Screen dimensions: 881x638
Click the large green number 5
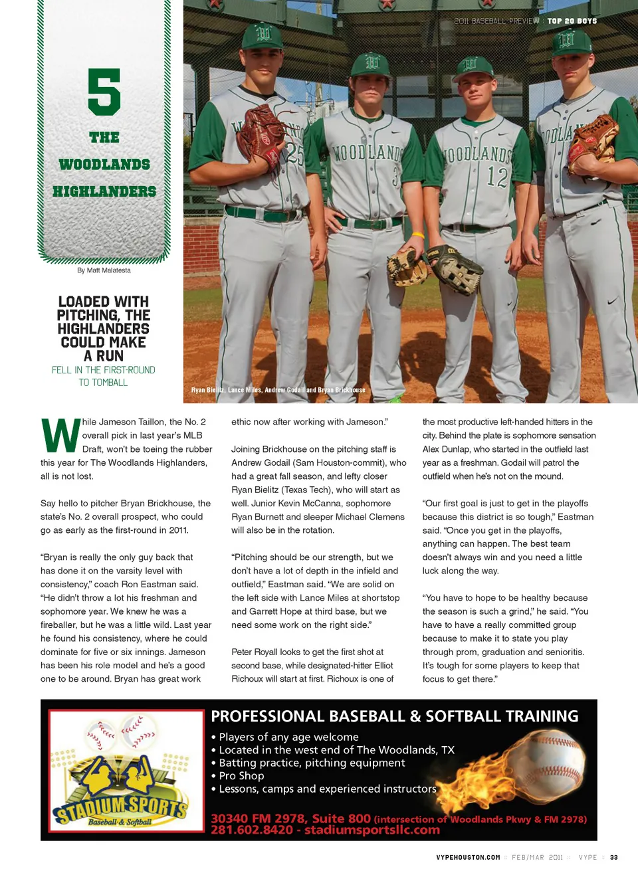[x=104, y=92]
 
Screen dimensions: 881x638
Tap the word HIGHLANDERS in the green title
[x=104, y=191]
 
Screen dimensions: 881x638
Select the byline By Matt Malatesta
[x=104, y=270]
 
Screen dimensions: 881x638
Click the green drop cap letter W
[x=60, y=436]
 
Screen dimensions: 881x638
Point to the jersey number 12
[x=496, y=177]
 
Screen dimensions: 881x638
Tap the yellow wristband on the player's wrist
[x=417, y=235]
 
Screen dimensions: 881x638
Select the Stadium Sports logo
[x=126, y=771]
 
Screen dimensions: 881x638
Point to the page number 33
[x=614, y=857]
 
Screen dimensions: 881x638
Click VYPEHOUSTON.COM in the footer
[x=468, y=857]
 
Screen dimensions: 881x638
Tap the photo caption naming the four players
[x=278, y=390]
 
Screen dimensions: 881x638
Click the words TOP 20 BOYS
[x=572, y=21]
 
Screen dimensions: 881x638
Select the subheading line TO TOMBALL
[x=103, y=383]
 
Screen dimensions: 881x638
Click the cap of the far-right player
[x=572, y=41]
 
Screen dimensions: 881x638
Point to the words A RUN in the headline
[x=104, y=356]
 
